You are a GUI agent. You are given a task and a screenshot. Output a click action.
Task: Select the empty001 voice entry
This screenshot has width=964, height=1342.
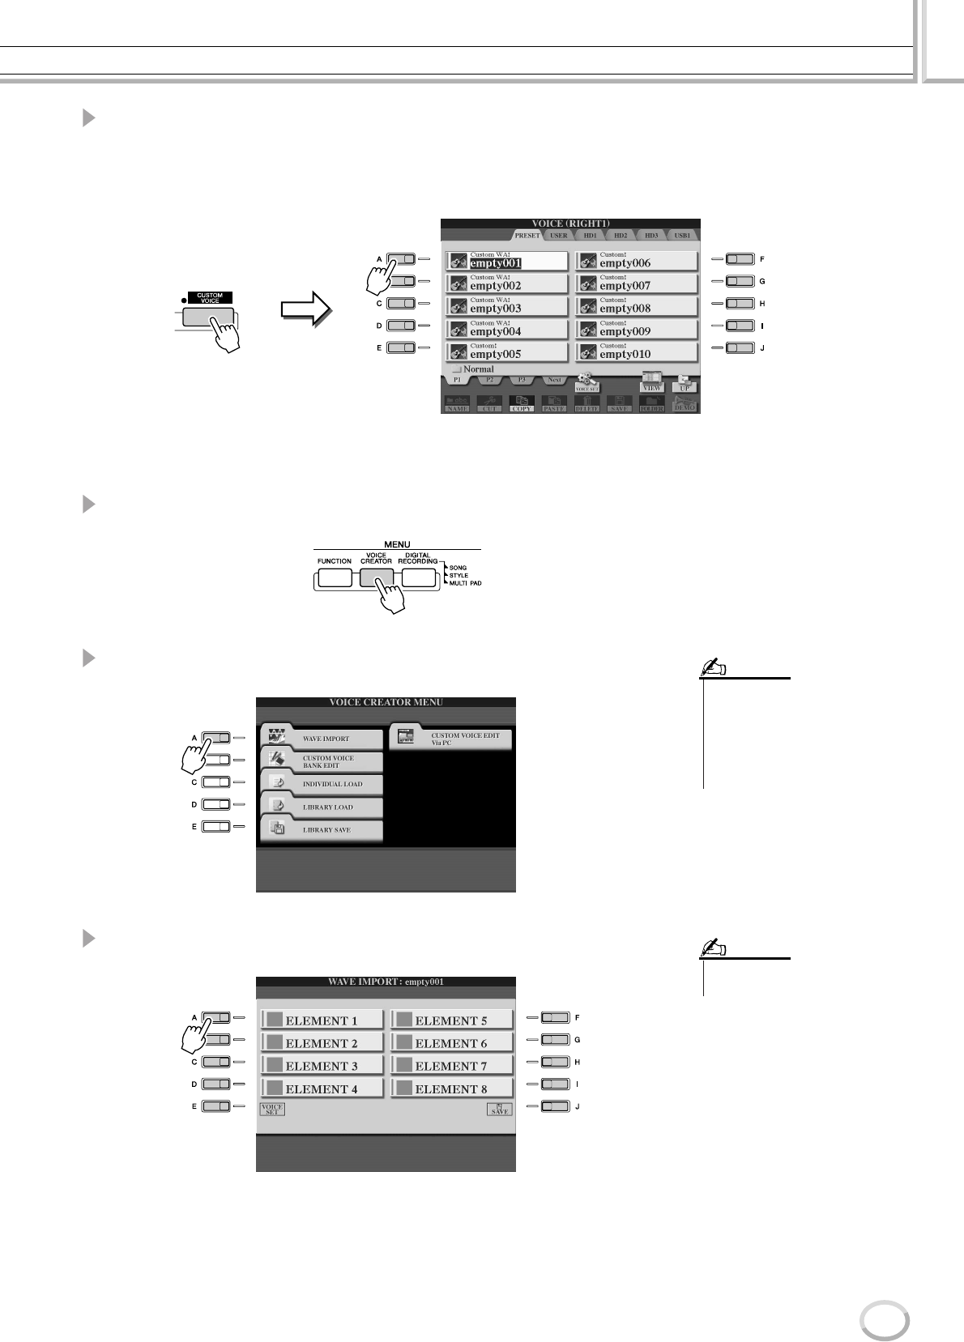pyautogui.click(x=507, y=261)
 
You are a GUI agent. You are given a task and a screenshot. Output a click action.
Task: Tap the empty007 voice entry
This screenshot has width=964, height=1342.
pyautogui.click(x=637, y=283)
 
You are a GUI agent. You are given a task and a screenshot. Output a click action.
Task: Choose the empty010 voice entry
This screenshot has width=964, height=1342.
pyautogui.click(x=637, y=351)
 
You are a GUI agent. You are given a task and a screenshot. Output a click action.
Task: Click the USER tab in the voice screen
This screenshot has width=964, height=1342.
pyautogui.click(x=559, y=236)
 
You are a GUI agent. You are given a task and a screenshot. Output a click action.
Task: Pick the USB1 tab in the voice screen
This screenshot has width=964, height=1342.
pyautogui.click(x=682, y=236)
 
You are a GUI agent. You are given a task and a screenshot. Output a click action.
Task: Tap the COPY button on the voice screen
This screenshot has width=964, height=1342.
pyautogui.click(x=521, y=404)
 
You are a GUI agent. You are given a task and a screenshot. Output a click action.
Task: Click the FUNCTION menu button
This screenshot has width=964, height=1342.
pyautogui.click(x=335, y=577)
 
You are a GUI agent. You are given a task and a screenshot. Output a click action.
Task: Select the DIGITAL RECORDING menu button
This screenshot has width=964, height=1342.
pyautogui.click(x=418, y=577)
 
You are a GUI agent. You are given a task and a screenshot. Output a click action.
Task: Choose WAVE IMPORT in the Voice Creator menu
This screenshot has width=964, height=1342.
pyautogui.click(x=322, y=738)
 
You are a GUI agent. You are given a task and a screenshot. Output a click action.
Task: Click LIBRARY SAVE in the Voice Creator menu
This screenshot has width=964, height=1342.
pyautogui.click(x=322, y=829)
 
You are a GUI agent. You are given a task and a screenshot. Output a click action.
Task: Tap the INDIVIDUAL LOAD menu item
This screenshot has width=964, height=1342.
pyautogui.click(x=322, y=784)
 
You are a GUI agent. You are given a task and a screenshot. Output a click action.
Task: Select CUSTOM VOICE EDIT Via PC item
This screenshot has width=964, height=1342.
pyautogui.click(x=451, y=738)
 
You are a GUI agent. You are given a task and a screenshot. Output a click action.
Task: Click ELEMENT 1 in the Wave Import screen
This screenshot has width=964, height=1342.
pyautogui.click(x=322, y=1020)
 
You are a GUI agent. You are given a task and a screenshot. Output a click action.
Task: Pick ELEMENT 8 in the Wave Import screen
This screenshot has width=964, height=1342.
pyautogui.click(x=451, y=1089)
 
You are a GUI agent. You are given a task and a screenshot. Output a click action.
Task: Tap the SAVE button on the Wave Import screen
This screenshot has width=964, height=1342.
pyautogui.click(x=500, y=1110)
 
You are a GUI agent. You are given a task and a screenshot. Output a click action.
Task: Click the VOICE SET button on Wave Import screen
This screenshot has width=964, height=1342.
pyautogui.click(x=272, y=1110)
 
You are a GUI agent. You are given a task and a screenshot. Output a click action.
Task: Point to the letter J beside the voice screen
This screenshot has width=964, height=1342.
pyautogui.click(x=762, y=348)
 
